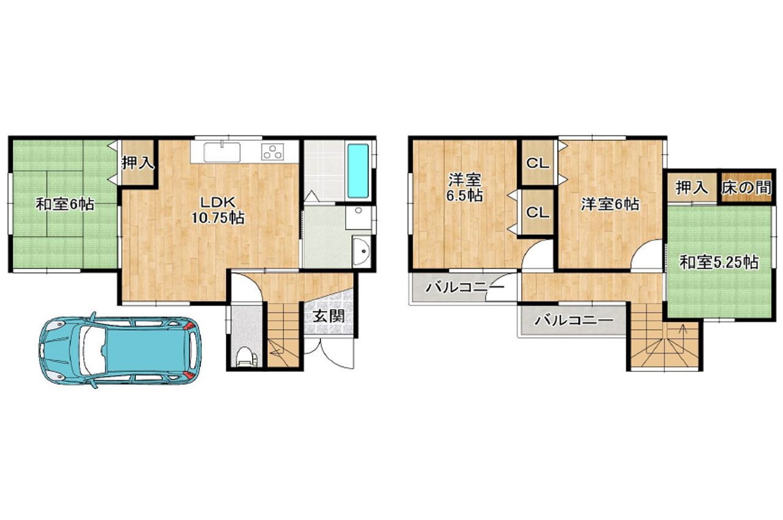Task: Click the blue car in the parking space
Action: pyautogui.click(x=120, y=350)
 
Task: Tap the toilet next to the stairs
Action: pyautogui.click(x=246, y=357)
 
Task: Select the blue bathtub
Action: pyautogui.click(x=358, y=171)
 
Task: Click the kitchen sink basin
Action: pyautogui.click(x=222, y=152)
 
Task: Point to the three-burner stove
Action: pyautogui.click(x=273, y=152)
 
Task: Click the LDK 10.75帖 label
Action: pyautogui.click(x=217, y=210)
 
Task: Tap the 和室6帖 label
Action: pyautogui.click(x=65, y=204)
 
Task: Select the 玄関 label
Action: pyautogui.click(x=328, y=316)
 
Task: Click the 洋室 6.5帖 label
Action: pyautogui.click(x=464, y=188)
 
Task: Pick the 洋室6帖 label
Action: pyautogui.click(x=610, y=204)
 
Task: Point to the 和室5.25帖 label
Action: pyautogui.click(x=719, y=262)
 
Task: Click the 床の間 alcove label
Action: pyautogui.click(x=746, y=188)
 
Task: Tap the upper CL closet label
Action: pyautogui.click(x=538, y=163)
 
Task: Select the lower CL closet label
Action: pyautogui.click(x=538, y=212)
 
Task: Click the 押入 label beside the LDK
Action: pyautogui.click(x=138, y=163)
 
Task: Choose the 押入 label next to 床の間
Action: pyautogui.click(x=692, y=188)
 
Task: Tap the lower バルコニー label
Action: pyautogui.click(x=574, y=320)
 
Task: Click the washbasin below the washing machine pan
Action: pyautogui.click(x=362, y=251)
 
